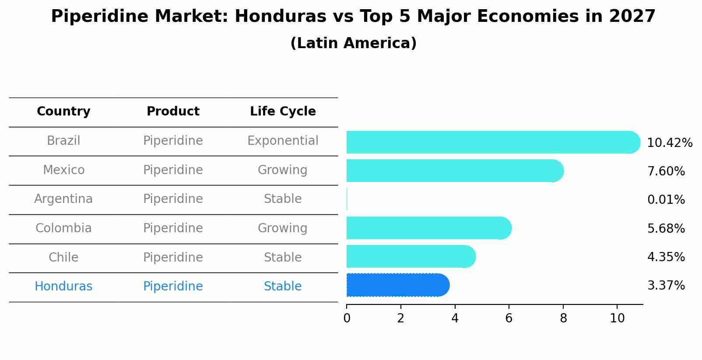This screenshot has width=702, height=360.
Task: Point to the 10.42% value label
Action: click(x=669, y=143)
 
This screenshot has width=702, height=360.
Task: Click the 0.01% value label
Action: click(x=666, y=200)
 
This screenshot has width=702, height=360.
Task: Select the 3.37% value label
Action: click(x=666, y=286)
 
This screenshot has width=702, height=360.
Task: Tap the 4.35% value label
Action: click(x=666, y=257)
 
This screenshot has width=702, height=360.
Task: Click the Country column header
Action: click(x=63, y=112)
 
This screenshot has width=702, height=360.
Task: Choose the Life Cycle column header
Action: click(x=283, y=112)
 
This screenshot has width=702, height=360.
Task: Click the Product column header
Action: click(x=173, y=112)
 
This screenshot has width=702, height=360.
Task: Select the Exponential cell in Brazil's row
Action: click(x=283, y=141)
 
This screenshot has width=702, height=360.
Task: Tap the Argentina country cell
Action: click(x=63, y=199)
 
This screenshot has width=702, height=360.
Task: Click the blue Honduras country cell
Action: click(x=63, y=287)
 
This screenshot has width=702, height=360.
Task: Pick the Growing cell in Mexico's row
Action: click(x=283, y=170)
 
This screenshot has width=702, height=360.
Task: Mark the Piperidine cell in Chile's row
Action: click(x=173, y=257)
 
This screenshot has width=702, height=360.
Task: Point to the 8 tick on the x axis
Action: click(x=563, y=318)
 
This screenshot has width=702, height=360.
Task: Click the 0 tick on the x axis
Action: click(x=347, y=318)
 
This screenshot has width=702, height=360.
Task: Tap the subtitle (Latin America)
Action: click(x=353, y=43)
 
